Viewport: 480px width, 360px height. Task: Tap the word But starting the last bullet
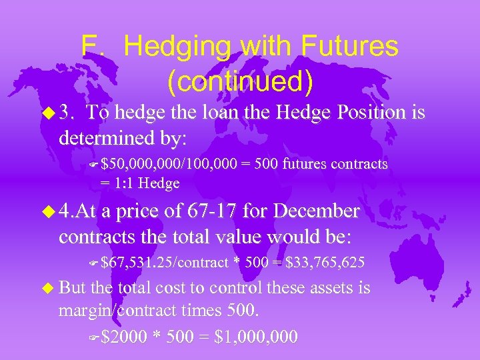coord(73,288)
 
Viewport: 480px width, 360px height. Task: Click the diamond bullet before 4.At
coord(49,213)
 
